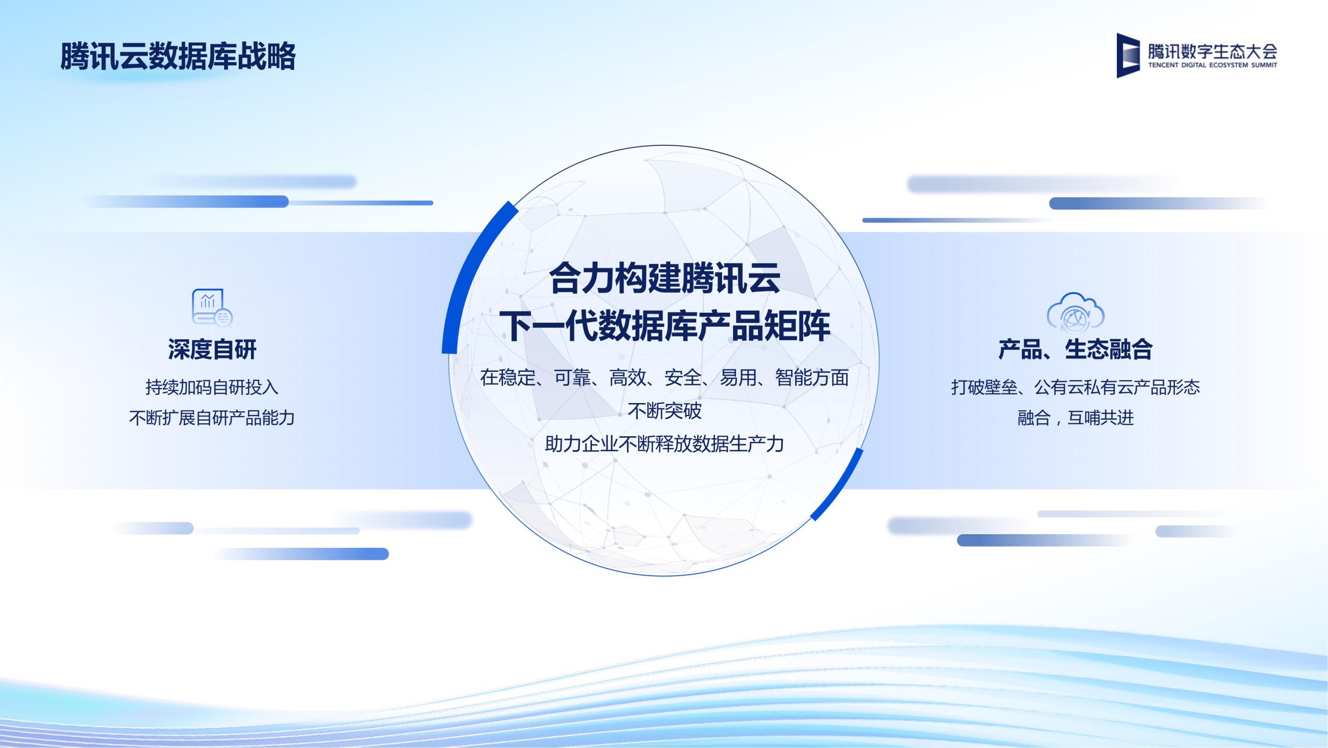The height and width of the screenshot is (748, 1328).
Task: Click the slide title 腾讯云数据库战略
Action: pyautogui.click(x=178, y=56)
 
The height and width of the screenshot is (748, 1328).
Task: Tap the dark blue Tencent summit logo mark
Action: pyautogui.click(x=1128, y=56)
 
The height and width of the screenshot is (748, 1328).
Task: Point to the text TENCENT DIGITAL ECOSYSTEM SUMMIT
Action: pyautogui.click(x=1212, y=65)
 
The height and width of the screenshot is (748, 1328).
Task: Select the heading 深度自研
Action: pyautogui.click(x=212, y=349)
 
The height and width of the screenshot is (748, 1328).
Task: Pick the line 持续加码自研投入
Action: pyautogui.click(x=212, y=387)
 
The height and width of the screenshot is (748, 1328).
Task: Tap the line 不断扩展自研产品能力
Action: pyautogui.click(x=212, y=418)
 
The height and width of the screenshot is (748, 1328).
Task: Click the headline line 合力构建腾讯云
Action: pyautogui.click(x=665, y=278)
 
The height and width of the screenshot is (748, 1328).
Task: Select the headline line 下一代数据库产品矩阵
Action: pyautogui.click(x=665, y=326)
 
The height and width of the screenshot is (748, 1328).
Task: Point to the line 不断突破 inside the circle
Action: pyautogui.click(x=665, y=411)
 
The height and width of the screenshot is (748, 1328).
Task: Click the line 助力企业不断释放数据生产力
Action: pyautogui.click(x=665, y=444)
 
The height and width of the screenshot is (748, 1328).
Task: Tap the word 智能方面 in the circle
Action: pyautogui.click(x=812, y=378)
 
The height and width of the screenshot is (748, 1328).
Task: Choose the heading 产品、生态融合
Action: pyautogui.click(x=1075, y=349)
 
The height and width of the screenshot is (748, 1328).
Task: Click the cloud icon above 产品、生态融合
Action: pyautogui.click(x=1075, y=312)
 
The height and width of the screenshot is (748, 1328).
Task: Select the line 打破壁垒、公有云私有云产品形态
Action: pyautogui.click(x=1075, y=387)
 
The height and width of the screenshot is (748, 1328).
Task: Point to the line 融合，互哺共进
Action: pyautogui.click(x=1075, y=418)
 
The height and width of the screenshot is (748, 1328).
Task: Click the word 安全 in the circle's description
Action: pyautogui.click(x=683, y=378)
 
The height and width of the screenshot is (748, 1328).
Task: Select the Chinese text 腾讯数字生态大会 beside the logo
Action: pyautogui.click(x=1212, y=51)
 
